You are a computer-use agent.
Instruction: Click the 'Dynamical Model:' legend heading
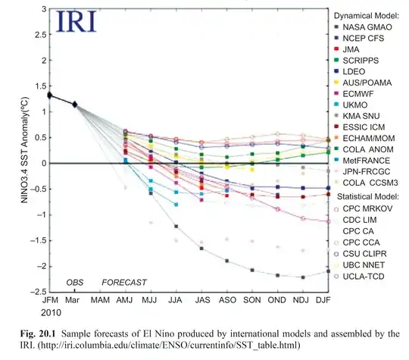pyautogui.click(x=368, y=14)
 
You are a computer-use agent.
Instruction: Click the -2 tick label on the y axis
pyautogui.click(x=34, y=266)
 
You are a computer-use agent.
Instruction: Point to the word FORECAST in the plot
pyautogui.click(x=124, y=283)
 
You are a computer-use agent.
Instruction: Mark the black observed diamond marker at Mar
pyautogui.click(x=75, y=104)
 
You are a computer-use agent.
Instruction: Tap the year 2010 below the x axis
pyautogui.click(x=52, y=311)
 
